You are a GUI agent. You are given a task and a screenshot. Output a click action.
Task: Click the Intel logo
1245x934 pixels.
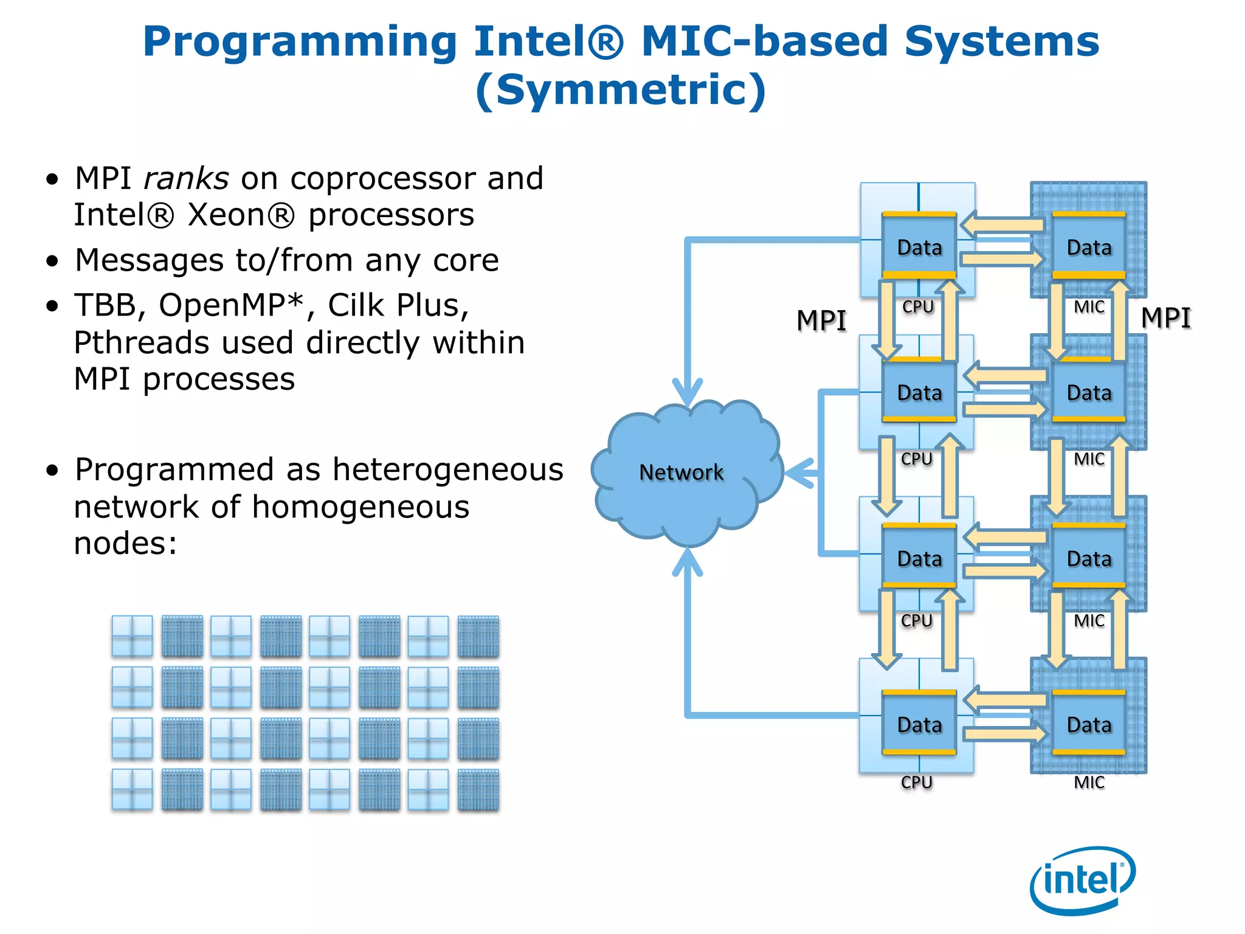click(1082, 880)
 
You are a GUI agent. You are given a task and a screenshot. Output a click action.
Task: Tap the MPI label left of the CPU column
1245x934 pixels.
click(821, 320)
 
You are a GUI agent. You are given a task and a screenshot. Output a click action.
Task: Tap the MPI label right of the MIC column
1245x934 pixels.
click(1165, 317)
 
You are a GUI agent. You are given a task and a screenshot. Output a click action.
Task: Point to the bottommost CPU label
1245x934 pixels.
click(917, 782)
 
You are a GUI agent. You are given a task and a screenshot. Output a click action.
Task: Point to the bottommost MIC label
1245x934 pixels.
click(1089, 782)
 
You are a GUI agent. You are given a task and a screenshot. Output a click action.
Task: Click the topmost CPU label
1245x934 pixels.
click(917, 306)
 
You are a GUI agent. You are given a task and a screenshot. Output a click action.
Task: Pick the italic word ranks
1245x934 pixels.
click(186, 179)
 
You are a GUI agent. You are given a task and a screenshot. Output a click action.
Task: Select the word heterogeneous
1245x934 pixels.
click(448, 469)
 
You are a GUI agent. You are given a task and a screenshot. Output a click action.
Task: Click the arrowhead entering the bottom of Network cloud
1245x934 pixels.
click(688, 561)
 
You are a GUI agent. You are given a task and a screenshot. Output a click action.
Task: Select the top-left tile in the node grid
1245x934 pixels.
click(132, 636)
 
